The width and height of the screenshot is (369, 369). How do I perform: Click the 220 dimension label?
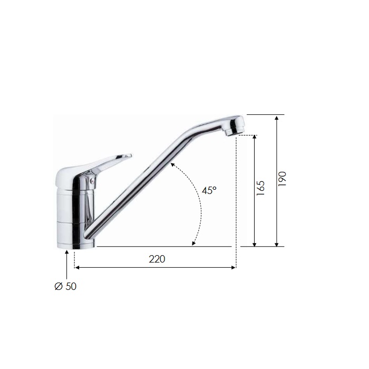(157, 259)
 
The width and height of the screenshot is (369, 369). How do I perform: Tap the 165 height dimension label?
(261, 188)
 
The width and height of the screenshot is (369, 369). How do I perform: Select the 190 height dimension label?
(282, 179)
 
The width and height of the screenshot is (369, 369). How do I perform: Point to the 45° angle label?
(209, 190)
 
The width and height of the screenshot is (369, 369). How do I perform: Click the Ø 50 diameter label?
(65, 286)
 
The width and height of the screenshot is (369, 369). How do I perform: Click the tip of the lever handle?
(130, 156)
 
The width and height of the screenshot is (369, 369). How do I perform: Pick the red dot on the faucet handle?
(92, 181)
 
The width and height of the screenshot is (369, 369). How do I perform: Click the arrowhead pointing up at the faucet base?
(67, 253)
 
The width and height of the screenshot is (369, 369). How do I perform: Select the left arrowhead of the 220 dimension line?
(77, 267)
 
